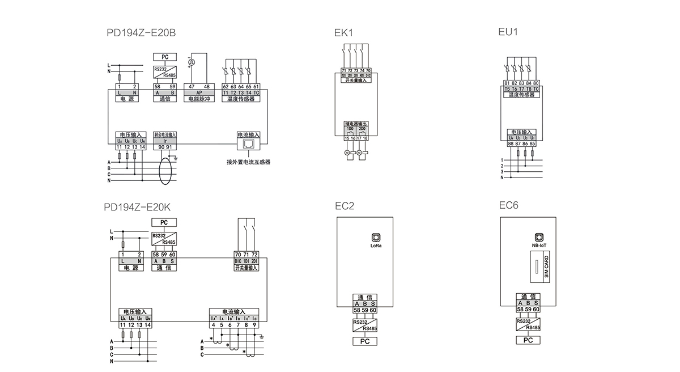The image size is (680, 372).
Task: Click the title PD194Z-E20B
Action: pyautogui.click(x=141, y=33)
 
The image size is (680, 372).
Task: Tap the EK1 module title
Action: pyautogui.click(x=344, y=33)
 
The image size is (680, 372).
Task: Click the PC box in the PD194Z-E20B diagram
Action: pyautogui.click(x=165, y=57)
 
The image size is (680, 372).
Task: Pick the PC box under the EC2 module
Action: pyautogui.click(x=365, y=341)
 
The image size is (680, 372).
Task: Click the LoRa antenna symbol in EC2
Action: pyautogui.click(x=374, y=238)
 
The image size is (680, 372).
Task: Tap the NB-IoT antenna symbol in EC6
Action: pyautogui.click(x=539, y=238)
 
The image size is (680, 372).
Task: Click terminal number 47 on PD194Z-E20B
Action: pyautogui.click(x=192, y=86)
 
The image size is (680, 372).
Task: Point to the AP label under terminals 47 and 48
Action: pyautogui.click(x=199, y=92)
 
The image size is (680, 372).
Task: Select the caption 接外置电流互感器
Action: pyautogui.click(x=248, y=162)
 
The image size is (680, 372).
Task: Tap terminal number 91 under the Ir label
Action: pyautogui.click(x=169, y=147)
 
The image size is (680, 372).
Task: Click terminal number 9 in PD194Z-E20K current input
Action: pyautogui.click(x=255, y=324)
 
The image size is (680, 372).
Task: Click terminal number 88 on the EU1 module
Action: pyautogui.click(x=511, y=143)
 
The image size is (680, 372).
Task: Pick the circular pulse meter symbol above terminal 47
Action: pyautogui.click(x=192, y=62)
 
